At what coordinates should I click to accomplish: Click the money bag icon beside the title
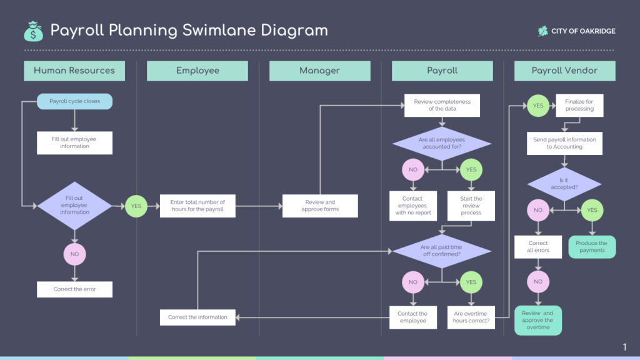pos(33,30)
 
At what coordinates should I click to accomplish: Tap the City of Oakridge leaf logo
pos(542,31)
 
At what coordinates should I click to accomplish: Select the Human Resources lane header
pos(74,71)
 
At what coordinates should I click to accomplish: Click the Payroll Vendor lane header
pos(564,71)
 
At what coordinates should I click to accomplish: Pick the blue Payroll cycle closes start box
pos(74,101)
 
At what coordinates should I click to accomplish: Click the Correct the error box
pos(74,289)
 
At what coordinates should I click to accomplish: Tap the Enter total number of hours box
pos(197,206)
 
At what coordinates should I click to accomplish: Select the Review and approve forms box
pos(320,206)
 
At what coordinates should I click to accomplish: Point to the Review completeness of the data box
pos(442,105)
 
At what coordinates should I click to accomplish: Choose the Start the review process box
pos(471,206)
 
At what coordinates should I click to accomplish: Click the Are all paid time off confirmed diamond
pos(442,251)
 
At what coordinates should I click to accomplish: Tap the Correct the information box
pos(197,317)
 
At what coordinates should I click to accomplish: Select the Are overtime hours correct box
pos(471,317)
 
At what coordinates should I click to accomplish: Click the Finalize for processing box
pos(579,105)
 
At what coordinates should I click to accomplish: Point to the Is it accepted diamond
pos(564,184)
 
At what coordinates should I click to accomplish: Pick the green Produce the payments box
pos(592,247)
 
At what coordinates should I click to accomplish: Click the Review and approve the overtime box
pos(537,321)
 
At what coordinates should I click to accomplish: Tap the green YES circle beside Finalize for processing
pos(538,106)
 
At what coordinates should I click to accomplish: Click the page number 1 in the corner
pos(624,347)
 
